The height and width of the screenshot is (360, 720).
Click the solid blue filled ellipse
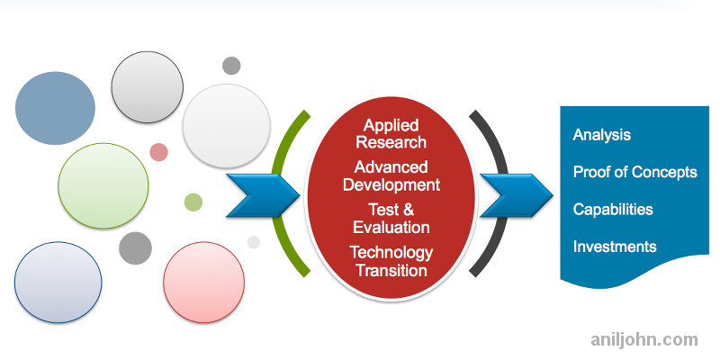(x=55, y=108)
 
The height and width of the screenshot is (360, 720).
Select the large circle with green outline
(x=103, y=185)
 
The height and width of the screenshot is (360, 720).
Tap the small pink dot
(x=158, y=152)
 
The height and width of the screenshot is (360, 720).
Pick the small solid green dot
(x=193, y=202)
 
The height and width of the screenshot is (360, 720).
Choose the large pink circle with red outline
(x=204, y=282)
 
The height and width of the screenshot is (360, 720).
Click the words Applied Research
(x=391, y=134)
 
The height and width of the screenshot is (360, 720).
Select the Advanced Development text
(x=391, y=176)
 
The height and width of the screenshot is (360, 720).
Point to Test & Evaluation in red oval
(x=391, y=219)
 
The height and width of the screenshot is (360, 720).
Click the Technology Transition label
(x=391, y=261)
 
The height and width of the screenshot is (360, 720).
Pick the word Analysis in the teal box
(x=602, y=135)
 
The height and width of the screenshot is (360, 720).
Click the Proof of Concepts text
(x=635, y=172)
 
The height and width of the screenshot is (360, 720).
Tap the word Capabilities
(x=613, y=209)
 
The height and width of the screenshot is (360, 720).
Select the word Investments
(x=615, y=246)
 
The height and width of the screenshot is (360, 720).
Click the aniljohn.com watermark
(x=643, y=339)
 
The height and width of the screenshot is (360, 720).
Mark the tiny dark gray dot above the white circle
(x=231, y=66)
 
